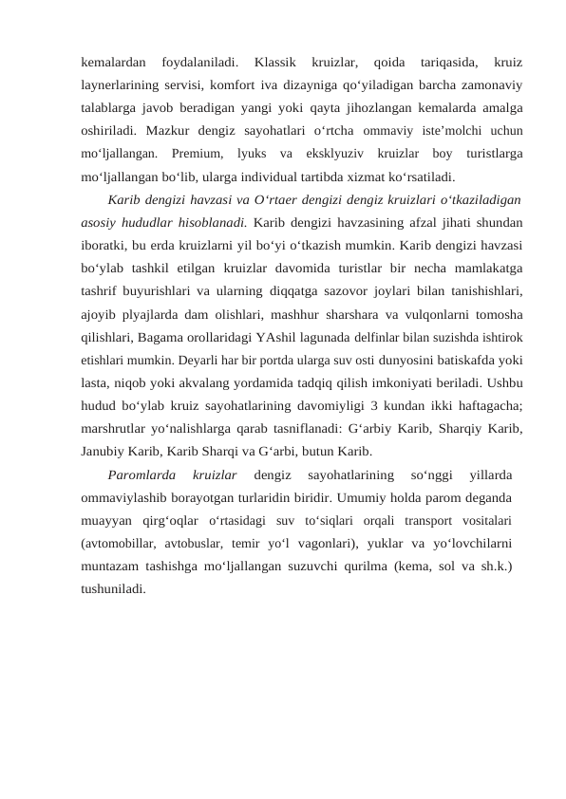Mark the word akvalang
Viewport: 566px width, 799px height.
[224, 382]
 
